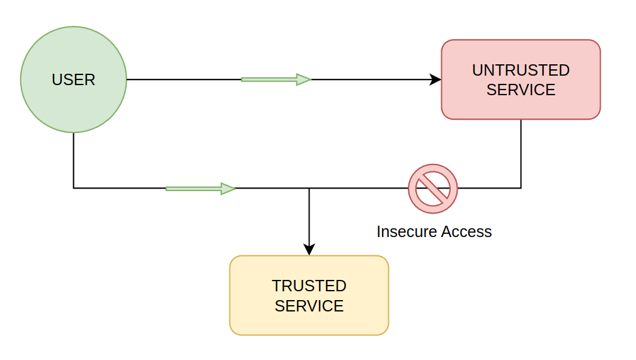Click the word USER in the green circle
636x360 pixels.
73,80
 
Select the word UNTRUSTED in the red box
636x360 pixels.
521,70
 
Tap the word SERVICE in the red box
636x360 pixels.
521,90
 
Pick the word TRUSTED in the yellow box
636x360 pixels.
309,286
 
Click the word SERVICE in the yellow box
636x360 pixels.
309,306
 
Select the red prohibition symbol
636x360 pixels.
433,189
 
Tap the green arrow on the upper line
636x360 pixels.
276,79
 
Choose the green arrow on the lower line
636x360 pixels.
200,188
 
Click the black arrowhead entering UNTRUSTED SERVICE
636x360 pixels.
436,79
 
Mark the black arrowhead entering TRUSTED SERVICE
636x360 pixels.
309,250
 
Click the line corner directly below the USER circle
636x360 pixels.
74,188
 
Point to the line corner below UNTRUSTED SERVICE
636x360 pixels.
521,188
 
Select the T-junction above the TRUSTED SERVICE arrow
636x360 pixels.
309,188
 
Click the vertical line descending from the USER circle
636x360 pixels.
74,160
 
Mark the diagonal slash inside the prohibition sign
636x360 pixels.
433,189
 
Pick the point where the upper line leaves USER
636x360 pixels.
127,79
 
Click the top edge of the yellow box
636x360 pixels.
309,256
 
